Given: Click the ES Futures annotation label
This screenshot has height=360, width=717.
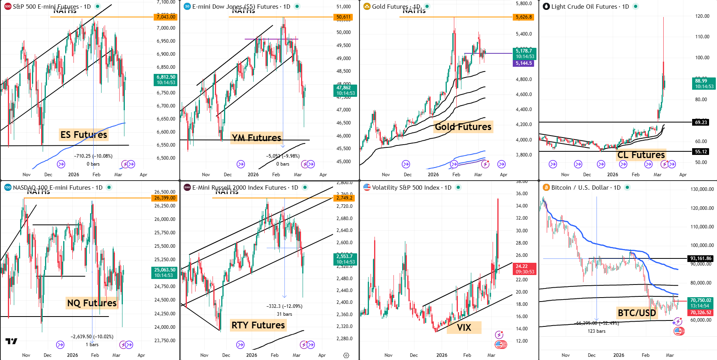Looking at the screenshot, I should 84,135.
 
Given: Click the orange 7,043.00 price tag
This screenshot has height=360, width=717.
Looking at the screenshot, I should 166,17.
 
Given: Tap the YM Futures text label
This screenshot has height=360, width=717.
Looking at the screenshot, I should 256,138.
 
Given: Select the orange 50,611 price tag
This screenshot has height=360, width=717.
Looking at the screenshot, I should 343,17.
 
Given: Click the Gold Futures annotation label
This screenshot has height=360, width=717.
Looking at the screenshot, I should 463,127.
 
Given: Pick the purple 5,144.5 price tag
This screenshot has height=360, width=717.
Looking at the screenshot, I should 523,63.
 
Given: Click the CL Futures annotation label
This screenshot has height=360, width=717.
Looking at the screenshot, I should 641,155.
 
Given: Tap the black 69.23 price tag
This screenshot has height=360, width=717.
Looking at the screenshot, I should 701,122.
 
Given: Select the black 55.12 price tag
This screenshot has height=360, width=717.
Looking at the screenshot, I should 701,151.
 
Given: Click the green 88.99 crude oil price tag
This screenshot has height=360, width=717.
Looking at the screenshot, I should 704,83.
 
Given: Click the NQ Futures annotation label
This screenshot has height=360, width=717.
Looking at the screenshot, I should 92,303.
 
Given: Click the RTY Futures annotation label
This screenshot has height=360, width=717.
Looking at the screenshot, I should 258,325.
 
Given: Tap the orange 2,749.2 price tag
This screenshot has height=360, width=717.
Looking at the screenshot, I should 344,198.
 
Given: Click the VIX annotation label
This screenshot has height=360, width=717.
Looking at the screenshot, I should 464,328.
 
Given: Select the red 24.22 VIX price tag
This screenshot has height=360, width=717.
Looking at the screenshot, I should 524,269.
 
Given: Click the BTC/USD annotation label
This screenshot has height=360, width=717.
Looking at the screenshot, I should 636,313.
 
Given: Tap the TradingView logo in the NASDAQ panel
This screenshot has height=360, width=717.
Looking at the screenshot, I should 11,341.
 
